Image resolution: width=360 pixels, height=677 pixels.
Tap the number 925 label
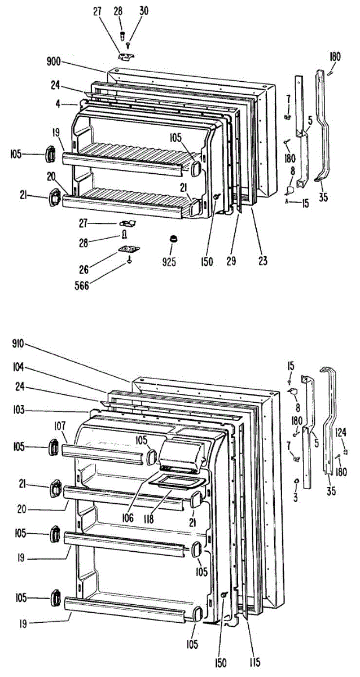(169, 262)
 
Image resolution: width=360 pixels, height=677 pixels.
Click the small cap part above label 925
(170, 240)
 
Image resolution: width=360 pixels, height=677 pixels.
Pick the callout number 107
(60, 425)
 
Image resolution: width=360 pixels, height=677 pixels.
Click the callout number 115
(254, 662)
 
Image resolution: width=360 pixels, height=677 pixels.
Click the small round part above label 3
(296, 480)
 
